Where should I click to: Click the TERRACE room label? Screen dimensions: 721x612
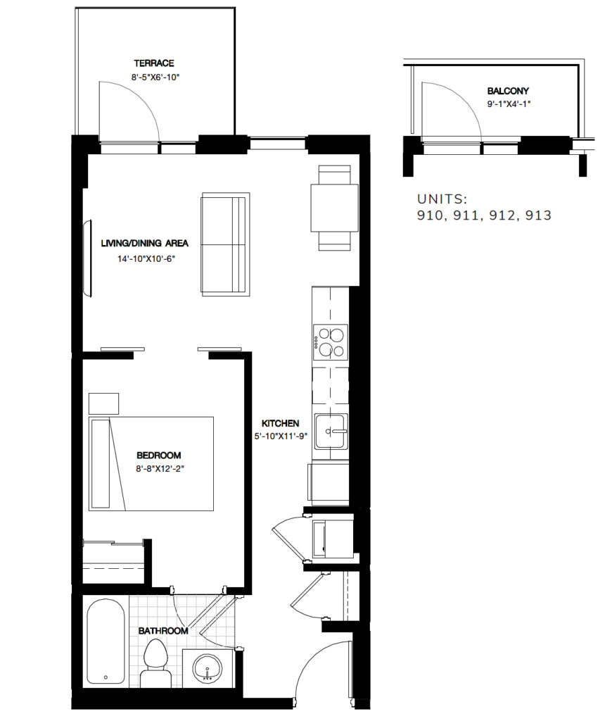[154, 63]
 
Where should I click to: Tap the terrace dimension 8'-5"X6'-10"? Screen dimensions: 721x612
[154, 77]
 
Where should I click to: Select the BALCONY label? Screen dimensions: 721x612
[508, 91]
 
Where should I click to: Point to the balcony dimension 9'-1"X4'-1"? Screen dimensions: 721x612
[508, 104]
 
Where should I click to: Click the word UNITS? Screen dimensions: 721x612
[442, 199]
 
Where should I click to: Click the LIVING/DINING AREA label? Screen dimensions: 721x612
[145, 244]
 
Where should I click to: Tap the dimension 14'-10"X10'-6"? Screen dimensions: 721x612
[145, 258]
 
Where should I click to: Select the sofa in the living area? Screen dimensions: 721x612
[224, 244]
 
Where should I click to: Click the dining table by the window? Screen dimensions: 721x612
[334, 208]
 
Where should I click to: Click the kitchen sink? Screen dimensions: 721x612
[331, 430]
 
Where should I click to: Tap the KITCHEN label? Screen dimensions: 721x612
[281, 423]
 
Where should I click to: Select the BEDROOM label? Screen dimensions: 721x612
[159, 454]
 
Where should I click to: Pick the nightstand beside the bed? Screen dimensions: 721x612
[104, 403]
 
